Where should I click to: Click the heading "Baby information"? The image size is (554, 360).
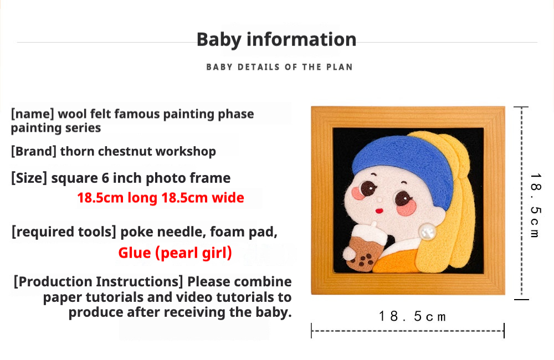pos(276,39)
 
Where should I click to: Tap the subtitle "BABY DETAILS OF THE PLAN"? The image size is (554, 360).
pos(279,67)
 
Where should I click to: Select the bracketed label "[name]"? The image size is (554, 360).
pos(33,114)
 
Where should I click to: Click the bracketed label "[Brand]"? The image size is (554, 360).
pos(34,151)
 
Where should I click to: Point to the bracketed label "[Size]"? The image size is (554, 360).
pos(29,178)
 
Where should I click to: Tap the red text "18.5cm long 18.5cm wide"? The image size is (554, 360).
pos(161,198)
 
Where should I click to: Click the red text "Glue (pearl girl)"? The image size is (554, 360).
pos(175,253)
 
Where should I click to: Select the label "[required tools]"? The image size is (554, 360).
pos(64,232)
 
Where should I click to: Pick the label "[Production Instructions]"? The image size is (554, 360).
pos(98,282)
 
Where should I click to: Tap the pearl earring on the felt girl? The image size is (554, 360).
pos(428,232)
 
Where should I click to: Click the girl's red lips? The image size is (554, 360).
pos(379,211)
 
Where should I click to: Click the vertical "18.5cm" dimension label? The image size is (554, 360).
pos(536,205)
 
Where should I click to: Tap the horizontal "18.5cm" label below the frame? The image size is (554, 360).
pos(412,316)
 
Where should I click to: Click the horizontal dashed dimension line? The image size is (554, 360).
pos(408,331)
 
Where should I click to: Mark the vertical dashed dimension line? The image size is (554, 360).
pos(522,203)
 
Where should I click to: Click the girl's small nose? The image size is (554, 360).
pos(380,200)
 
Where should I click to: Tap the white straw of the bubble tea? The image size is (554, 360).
pos(374,225)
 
